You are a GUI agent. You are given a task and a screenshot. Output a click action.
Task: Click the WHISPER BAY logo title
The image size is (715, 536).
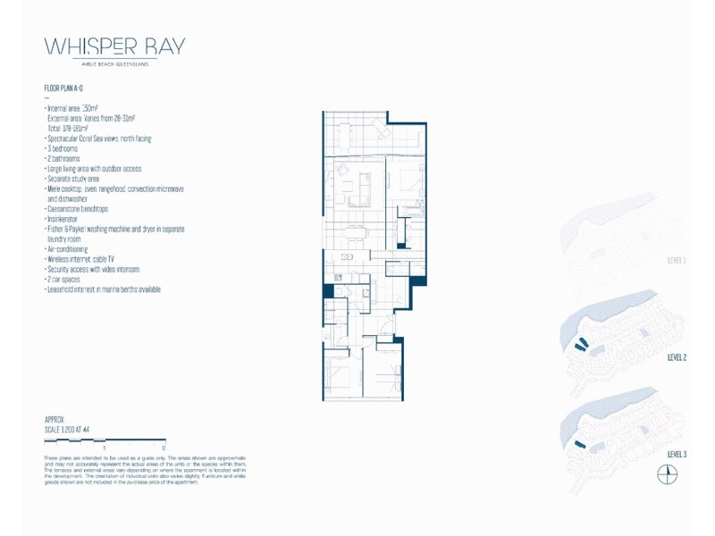pyautogui.click(x=114, y=47)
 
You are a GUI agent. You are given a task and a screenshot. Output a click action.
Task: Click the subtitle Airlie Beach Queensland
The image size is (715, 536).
pyautogui.click(x=114, y=64)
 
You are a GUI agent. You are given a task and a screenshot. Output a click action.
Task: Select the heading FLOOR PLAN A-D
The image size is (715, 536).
pyautogui.click(x=63, y=89)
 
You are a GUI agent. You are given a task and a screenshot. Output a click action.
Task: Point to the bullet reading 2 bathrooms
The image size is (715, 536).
pyautogui.click(x=64, y=158)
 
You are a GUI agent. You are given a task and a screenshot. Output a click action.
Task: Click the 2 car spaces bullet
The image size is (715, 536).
pyautogui.click(x=64, y=280)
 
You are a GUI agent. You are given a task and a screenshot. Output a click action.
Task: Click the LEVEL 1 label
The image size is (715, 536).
pyautogui.click(x=677, y=261)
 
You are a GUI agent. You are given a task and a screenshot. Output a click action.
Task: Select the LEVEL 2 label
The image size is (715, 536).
pyautogui.click(x=677, y=357)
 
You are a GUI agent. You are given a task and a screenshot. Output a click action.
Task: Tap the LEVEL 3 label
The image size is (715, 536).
pyautogui.click(x=677, y=455)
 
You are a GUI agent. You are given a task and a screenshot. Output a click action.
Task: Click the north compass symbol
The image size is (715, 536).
pyautogui.click(x=667, y=475)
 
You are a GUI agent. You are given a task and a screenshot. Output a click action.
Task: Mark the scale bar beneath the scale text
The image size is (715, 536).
pyautogui.click(x=105, y=441)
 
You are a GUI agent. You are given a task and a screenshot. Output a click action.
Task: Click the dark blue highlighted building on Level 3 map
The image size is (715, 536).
pyautogui.click(x=579, y=443)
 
